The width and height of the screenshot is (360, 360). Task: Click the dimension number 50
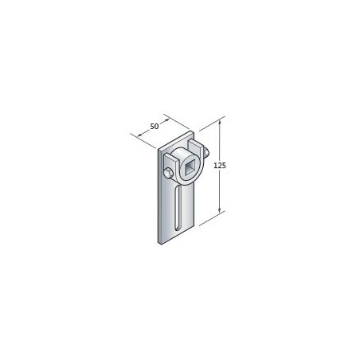click(x=155, y=127)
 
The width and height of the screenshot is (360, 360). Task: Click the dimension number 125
click(x=220, y=166)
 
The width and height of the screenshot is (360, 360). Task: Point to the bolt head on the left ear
click(x=168, y=174)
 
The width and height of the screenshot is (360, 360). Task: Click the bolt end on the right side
click(x=206, y=152)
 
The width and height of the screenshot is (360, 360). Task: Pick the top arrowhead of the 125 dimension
click(x=220, y=122)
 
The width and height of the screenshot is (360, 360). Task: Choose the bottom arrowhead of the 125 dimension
click(x=220, y=210)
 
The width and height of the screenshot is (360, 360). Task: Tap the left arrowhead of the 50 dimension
click(x=140, y=135)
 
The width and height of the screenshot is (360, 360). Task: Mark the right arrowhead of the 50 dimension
click(x=166, y=120)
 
